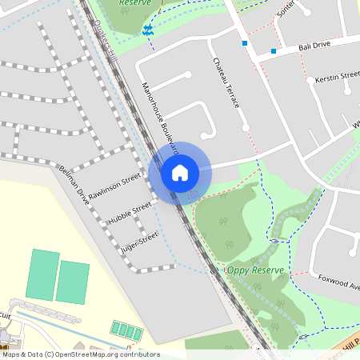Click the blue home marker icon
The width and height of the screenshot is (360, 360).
(180, 173)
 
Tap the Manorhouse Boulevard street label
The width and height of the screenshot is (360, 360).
(159, 117)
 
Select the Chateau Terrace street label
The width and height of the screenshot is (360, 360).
(226, 84)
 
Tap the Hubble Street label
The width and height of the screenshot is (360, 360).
(130, 212)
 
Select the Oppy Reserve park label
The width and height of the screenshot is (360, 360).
(256, 270)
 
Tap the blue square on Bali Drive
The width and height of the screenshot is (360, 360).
(274, 51)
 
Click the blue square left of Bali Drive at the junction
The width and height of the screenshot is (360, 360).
(244, 43)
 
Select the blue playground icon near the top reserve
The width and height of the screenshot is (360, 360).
(147, 30)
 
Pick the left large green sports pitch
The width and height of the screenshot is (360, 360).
(43, 274)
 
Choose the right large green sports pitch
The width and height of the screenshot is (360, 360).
(73, 282)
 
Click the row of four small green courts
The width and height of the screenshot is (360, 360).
(126, 331)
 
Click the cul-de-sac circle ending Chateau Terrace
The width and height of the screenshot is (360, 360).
(246, 128)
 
